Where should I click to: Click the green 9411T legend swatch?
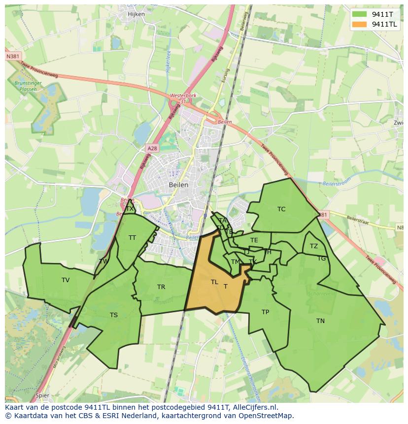(359, 14)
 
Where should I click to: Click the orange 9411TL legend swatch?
(359, 24)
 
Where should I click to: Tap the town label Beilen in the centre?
(178, 185)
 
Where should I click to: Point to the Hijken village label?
(136, 14)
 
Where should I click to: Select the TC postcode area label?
(281, 209)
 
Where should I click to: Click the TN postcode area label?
(320, 321)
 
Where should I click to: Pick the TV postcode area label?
(66, 280)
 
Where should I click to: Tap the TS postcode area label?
(114, 315)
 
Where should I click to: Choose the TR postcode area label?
(161, 287)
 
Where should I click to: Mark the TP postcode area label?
(265, 312)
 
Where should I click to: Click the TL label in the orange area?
(214, 282)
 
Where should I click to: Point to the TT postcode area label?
(132, 238)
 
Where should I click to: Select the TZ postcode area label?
(314, 246)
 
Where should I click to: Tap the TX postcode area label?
(130, 209)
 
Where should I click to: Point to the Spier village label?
(42, 395)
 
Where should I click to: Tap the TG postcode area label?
(321, 259)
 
